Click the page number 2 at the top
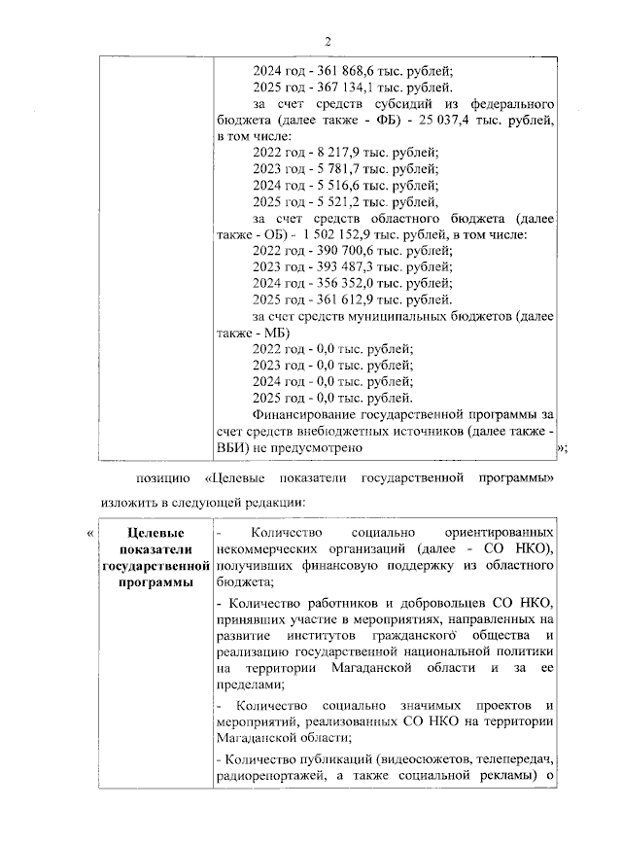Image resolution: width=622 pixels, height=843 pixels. [328, 41]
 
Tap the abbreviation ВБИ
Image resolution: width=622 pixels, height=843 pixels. [233, 447]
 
